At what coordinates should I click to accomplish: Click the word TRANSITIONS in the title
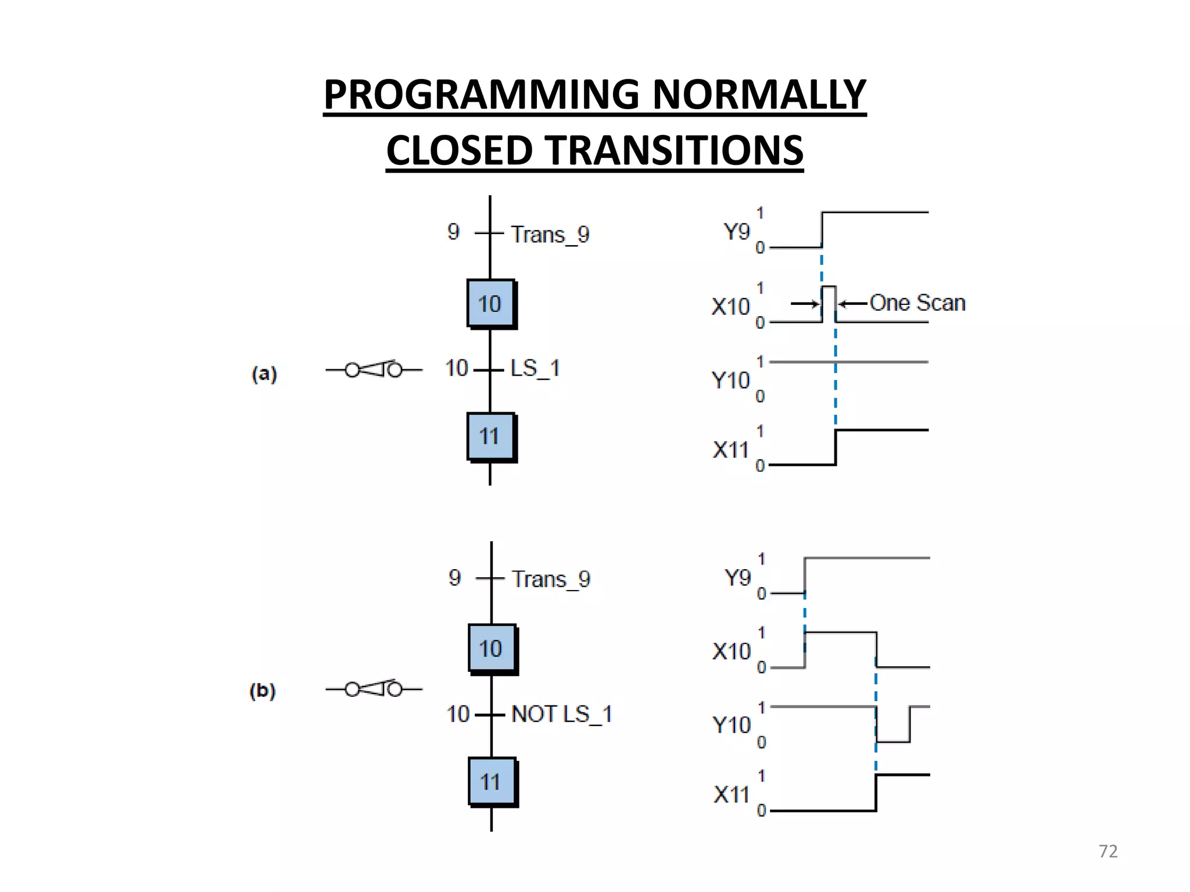(x=676, y=150)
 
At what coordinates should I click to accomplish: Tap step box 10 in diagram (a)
(x=490, y=304)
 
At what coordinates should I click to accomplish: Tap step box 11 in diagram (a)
(x=490, y=437)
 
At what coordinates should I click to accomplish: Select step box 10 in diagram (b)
(x=492, y=649)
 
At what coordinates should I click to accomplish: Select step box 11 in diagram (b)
(x=492, y=782)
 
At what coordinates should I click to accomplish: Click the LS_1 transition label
(x=535, y=368)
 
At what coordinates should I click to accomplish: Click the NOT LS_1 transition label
(x=561, y=714)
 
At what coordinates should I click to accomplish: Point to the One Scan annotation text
(x=917, y=303)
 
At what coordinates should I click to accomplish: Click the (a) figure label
(x=264, y=373)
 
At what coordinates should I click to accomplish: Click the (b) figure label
(x=263, y=690)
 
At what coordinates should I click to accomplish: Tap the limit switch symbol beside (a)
(x=374, y=369)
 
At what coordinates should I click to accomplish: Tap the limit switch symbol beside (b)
(x=374, y=689)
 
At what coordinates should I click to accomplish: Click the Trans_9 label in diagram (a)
(x=550, y=235)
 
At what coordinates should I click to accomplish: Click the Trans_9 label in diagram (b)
(x=551, y=579)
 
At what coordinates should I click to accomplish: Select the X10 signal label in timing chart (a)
(x=730, y=307)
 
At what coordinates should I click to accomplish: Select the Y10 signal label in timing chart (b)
(x=732, y=725)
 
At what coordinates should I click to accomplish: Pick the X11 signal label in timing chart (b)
(x=732, y=794)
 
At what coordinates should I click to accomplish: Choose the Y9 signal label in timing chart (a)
(x=737, y=232)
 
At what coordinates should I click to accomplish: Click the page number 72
(x=1107, y=851)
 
